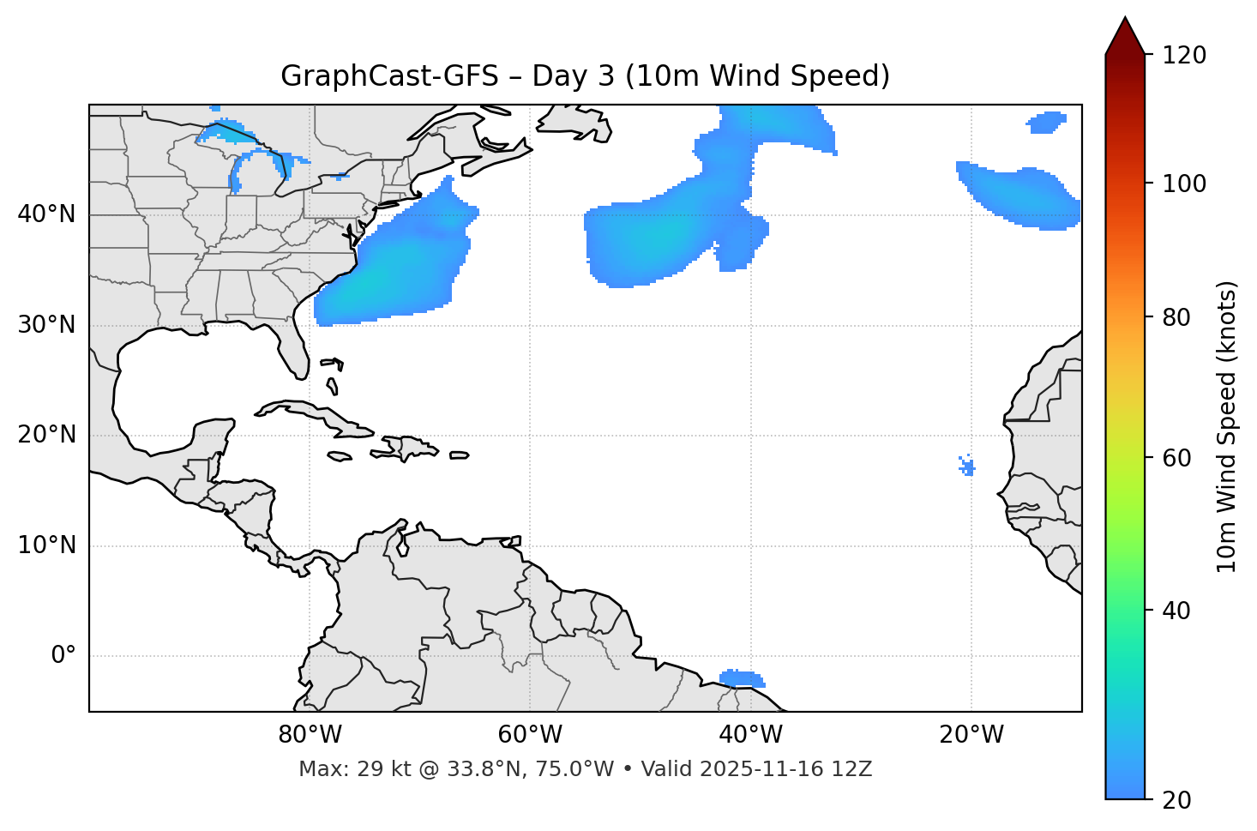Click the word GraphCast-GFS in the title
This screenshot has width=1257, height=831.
(389, 76)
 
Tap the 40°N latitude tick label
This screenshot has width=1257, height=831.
(46, 214)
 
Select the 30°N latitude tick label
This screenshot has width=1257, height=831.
(46, 325)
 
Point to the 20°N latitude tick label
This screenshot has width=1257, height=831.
(46, 435)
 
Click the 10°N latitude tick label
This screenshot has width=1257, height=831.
(46, 545)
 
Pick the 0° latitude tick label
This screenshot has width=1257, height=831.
(63, 656)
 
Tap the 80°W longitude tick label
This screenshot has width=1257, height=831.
(310, 735)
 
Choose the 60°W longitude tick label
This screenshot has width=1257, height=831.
(530, 735)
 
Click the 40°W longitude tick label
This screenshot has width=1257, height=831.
(750, 735)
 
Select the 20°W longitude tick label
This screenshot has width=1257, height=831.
(971, 735)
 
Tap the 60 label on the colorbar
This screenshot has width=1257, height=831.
(1176, 458)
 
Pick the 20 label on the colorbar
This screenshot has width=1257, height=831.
(1176, 800)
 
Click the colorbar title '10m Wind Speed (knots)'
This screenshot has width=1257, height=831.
(1226, 426)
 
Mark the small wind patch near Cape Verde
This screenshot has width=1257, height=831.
(967, 467)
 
